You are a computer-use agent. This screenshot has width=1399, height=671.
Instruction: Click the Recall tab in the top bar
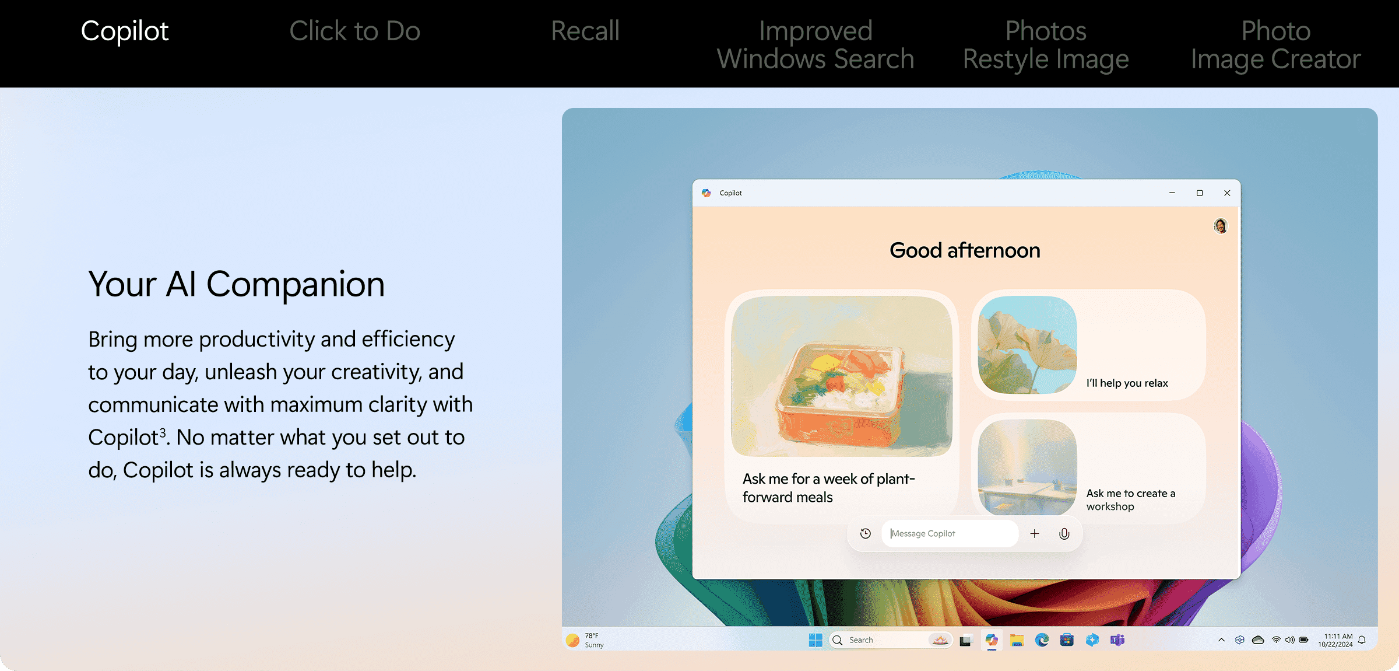pos(585,31)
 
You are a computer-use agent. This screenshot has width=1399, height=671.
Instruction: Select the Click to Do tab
pos(354,31)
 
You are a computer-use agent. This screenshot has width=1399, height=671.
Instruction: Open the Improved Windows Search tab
pos(816,45)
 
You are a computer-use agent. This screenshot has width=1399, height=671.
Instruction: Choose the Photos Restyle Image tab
pos(1046,45)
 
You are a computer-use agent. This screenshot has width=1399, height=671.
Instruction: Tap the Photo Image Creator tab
pos(1276,45)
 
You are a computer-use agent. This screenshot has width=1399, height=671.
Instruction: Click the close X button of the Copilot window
pos(1227,193)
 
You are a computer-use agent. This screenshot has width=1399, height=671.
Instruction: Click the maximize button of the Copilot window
pos(1200,193)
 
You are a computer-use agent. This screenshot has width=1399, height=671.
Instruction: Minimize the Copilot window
pos(1172,193)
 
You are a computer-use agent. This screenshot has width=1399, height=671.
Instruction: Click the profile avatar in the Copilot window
pos(1221,226)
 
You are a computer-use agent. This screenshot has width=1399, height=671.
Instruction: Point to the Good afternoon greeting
pos(965,250)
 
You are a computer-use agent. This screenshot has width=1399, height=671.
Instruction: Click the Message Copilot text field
pos(950,533)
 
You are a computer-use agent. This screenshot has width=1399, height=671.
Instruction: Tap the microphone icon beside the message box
pos(1064,533)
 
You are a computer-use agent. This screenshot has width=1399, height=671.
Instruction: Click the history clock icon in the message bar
pos(866,533)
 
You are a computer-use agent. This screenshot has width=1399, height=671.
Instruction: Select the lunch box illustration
pos(841,376)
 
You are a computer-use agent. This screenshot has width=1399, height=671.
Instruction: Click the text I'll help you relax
pos(1127,383)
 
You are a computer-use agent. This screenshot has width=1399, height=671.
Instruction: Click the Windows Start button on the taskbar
pos(816,640)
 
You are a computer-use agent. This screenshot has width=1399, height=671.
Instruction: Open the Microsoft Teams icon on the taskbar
pos(1117,640)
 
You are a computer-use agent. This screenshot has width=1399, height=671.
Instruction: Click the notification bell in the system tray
pos(1362,640)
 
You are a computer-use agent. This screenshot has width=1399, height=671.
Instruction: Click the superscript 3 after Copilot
pos(163,432)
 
